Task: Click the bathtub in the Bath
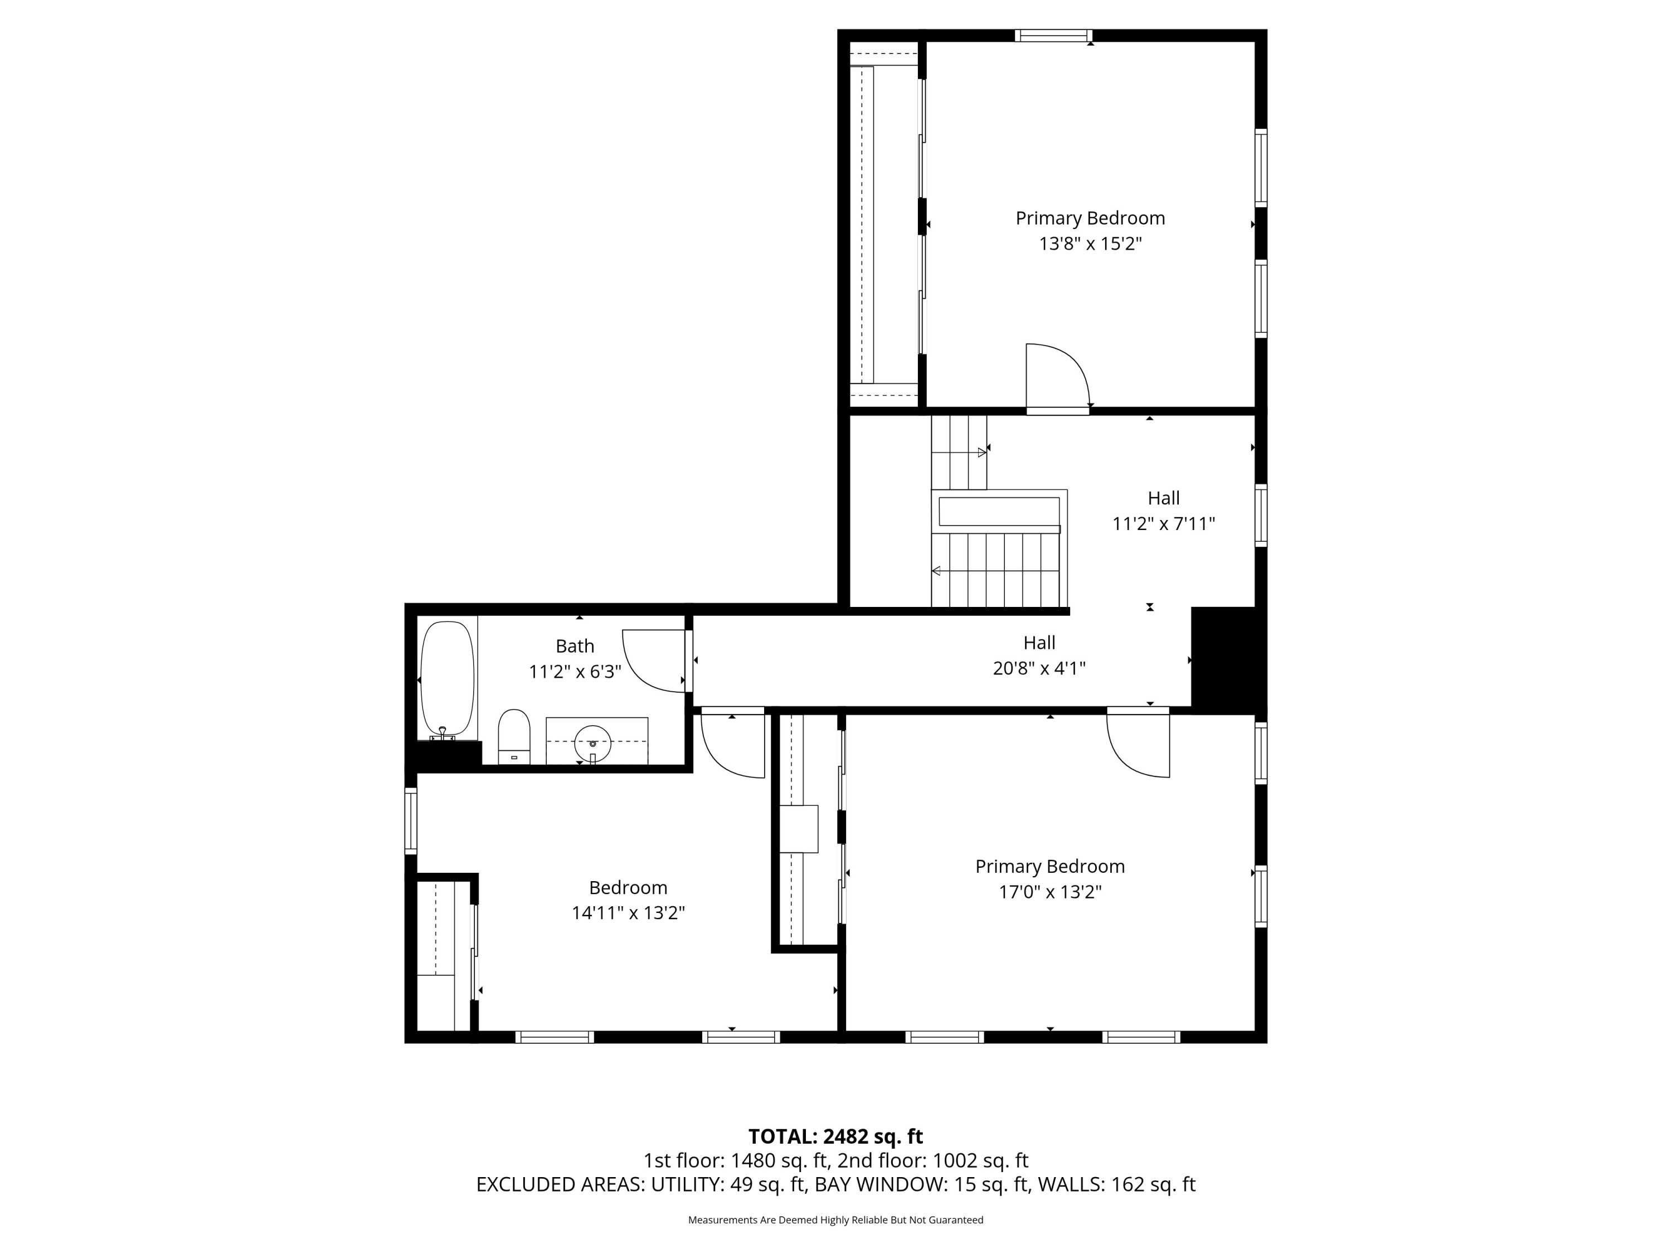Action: click(x=448, y=677)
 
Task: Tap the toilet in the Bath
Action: click(x=514, y=736)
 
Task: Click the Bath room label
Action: click(x=575, y=647)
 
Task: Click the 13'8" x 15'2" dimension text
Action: click(x=1090, y=244)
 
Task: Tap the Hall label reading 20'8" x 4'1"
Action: click(x=1039, y=668)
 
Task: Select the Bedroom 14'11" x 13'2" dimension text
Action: click(x=628, y=913)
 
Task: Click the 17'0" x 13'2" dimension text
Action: click(x=1050, y=892)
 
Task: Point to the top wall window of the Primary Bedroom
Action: click(x=1054, y=36)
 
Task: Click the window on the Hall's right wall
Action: click(x=1261, y=515)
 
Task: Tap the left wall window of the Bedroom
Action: click(x=410, y=821)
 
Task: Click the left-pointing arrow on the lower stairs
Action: click(x=936, y=571)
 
